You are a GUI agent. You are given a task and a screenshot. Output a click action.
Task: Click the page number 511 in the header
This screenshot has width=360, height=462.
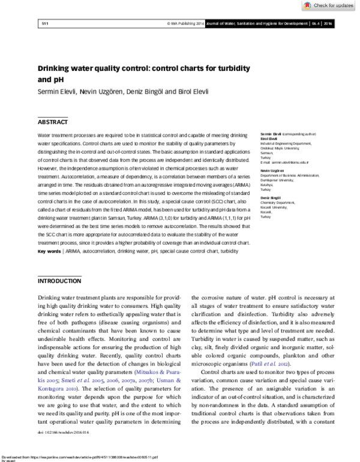coord(44,23)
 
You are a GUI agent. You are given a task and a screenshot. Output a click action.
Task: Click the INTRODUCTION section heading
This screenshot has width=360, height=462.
coord(59,281)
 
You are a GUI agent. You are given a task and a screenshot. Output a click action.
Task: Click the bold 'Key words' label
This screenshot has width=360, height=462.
coord(49,251)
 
